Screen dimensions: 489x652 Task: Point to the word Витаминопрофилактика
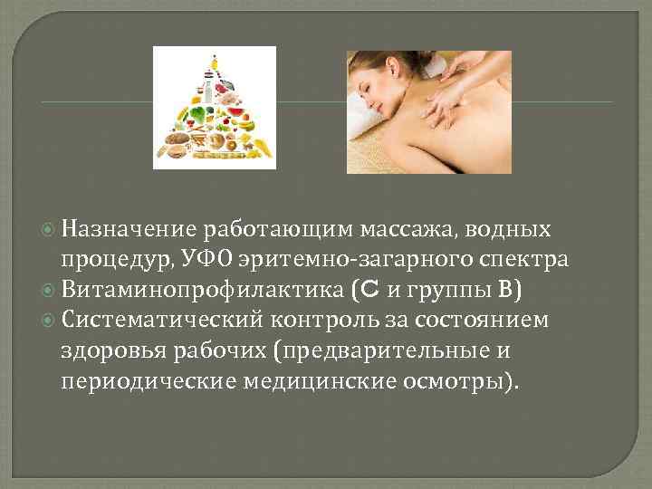(193, 291)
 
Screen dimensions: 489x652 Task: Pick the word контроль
(340, 320)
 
